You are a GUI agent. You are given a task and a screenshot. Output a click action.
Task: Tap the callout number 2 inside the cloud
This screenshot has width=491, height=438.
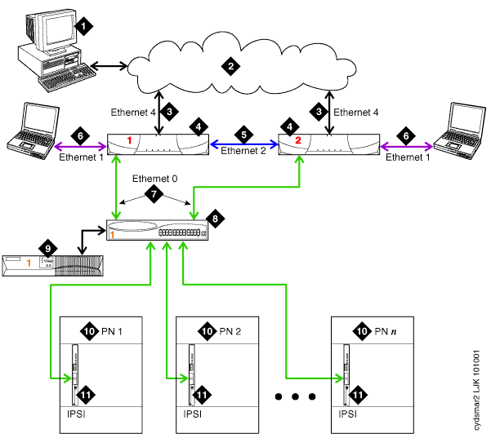pos(231,65)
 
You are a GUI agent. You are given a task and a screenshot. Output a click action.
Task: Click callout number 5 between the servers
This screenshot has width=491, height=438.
pos(242,132)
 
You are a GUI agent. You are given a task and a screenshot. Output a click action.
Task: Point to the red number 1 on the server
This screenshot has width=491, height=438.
pos(128,140)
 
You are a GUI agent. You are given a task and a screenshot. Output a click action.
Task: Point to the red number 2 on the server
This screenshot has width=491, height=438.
pos(298,140)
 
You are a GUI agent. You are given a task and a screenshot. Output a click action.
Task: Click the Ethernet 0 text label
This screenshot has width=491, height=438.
pos(154,177)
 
